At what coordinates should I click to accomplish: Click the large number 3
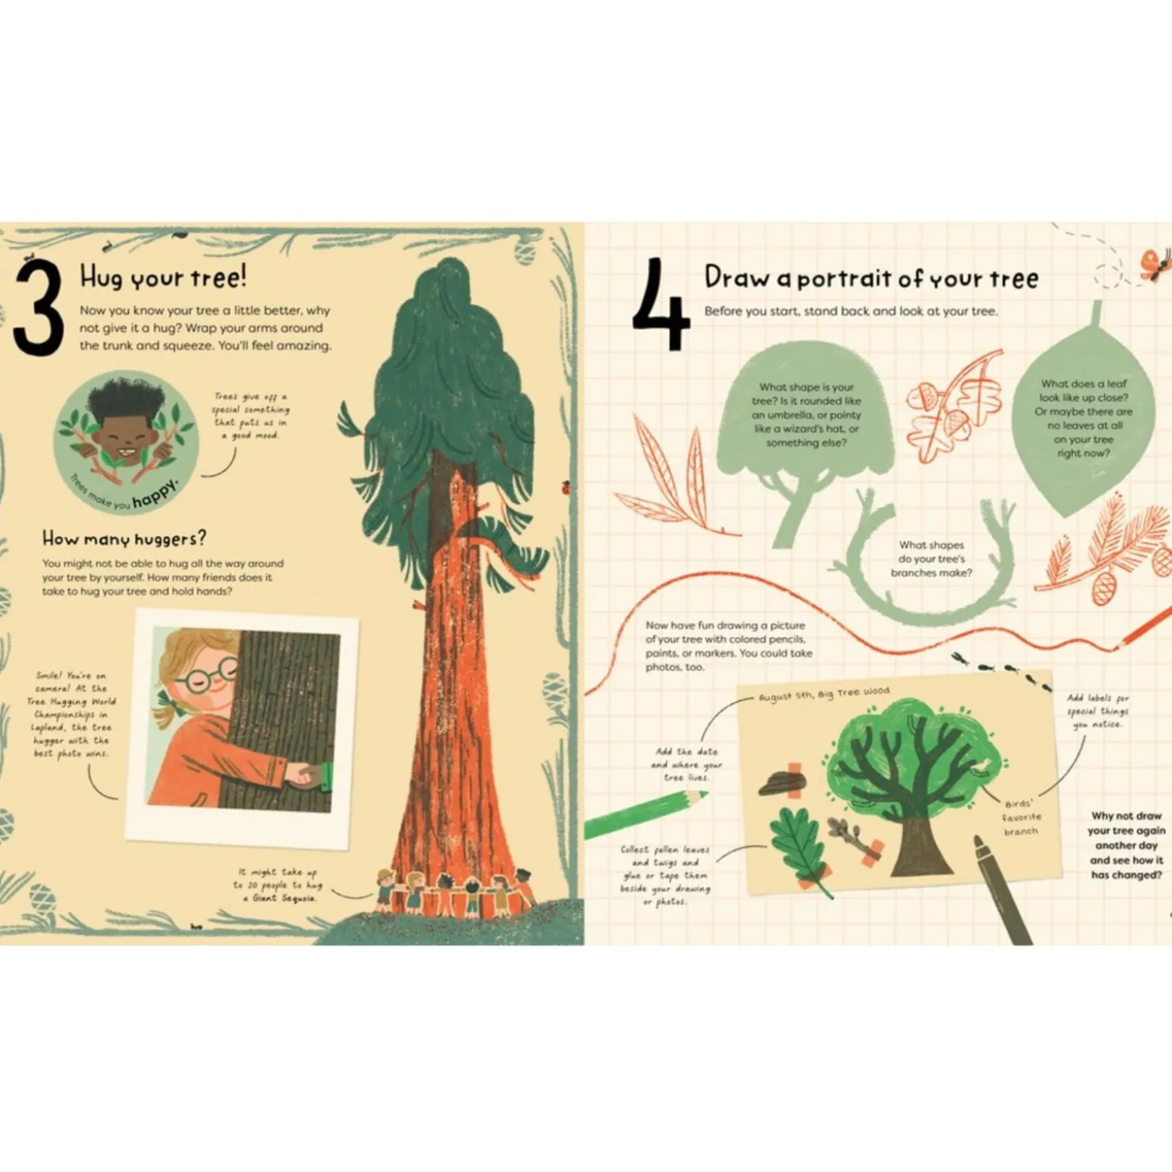pos(38,308)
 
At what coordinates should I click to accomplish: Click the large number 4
pos(660,305)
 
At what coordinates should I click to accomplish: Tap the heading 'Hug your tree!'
pos(163,277)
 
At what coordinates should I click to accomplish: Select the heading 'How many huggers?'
pos(124,538)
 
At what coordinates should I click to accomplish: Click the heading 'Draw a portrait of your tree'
pos(871,278)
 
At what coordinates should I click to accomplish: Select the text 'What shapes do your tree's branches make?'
pos(931,559)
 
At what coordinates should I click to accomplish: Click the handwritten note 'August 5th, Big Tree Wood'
pos(824,694)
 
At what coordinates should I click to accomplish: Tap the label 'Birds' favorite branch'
pos(1020,817)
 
